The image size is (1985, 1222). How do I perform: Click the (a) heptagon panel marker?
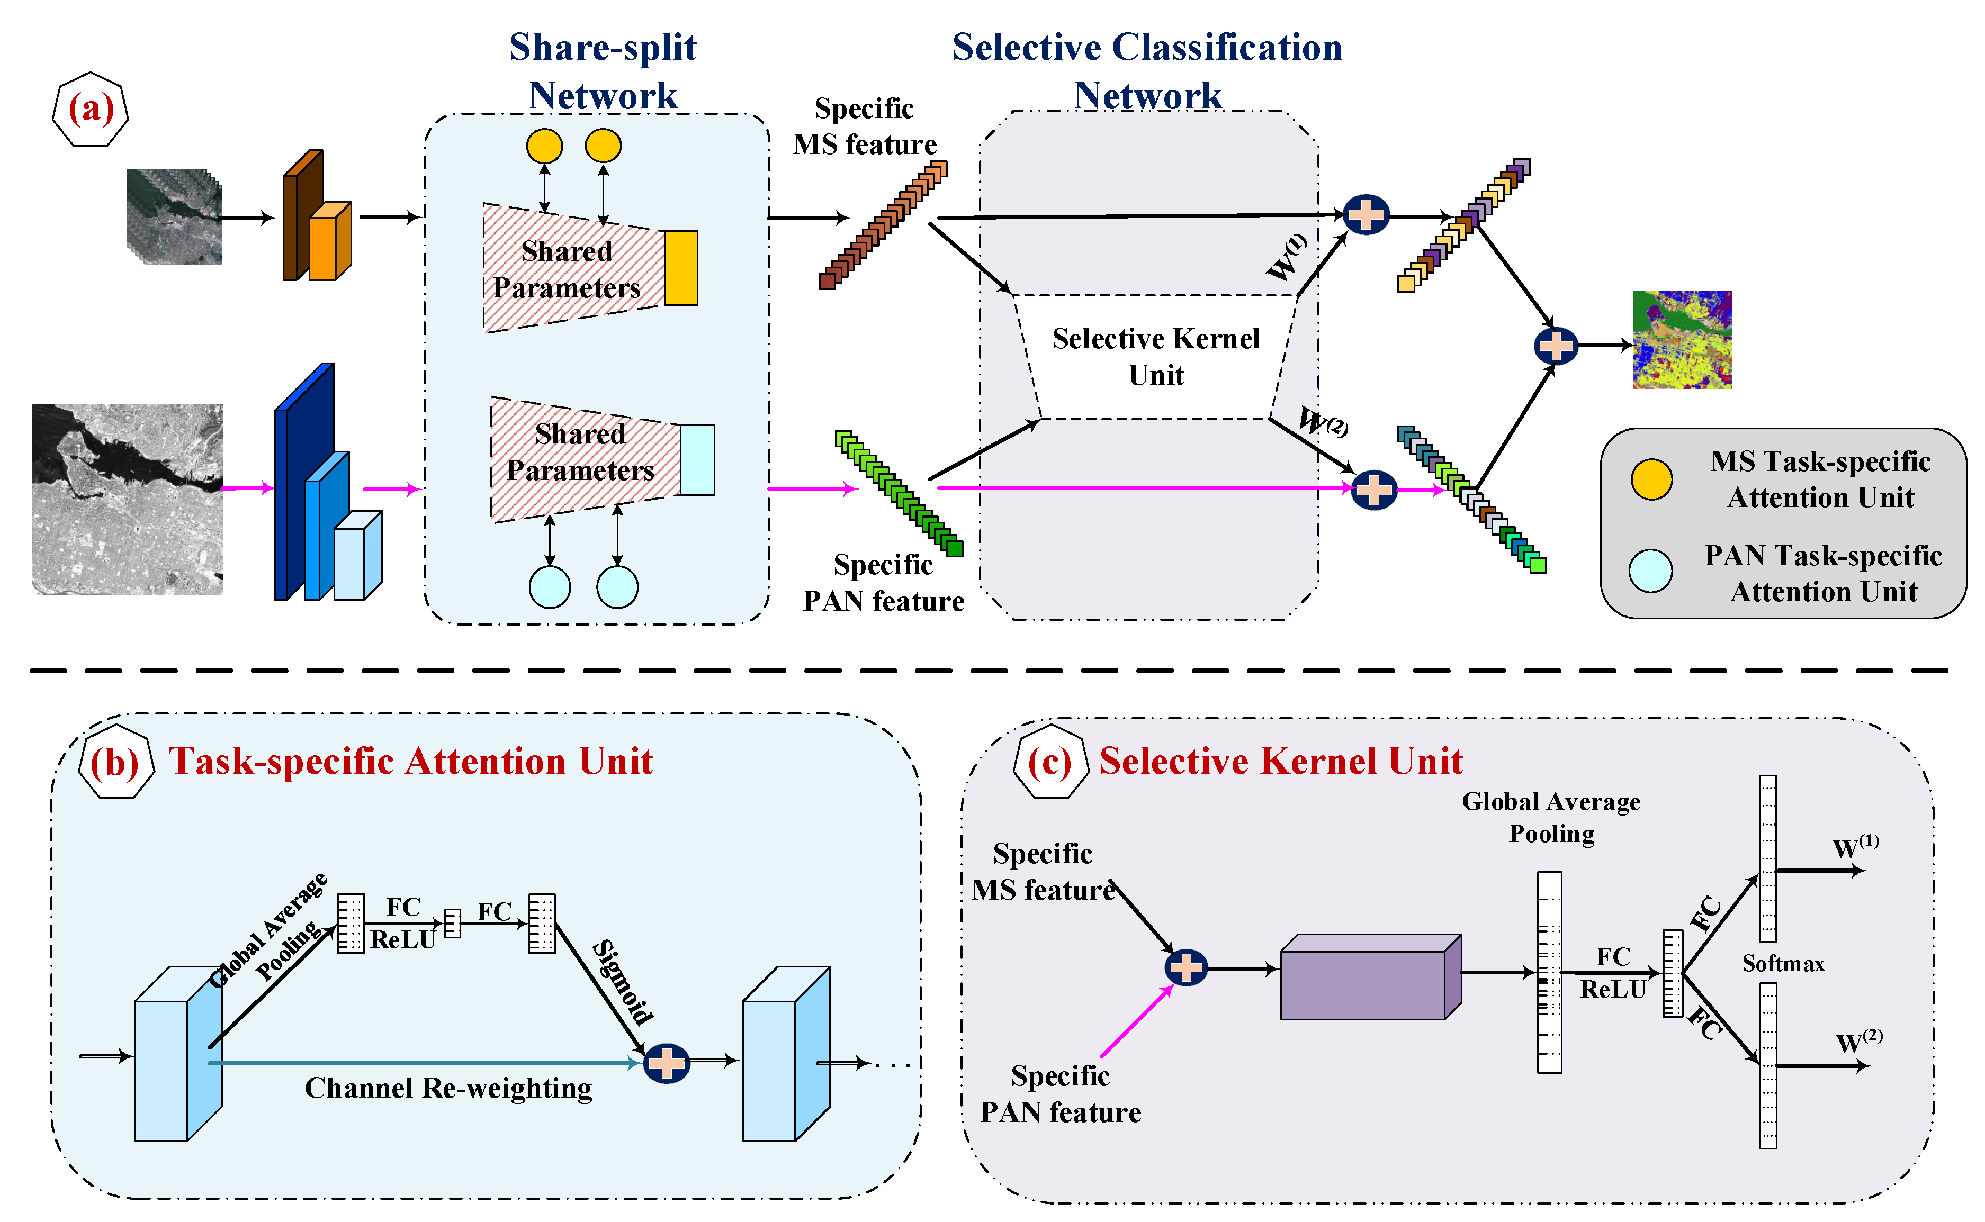coord(91,109)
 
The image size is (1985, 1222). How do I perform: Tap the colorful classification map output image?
coord(1681,339)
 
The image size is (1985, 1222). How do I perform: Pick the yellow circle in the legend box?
coord(1650,479)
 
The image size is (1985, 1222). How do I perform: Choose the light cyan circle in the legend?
coord(1650,571)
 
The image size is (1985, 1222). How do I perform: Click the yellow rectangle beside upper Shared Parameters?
coord(681,267)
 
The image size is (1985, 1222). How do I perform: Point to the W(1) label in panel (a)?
coord(1286,257)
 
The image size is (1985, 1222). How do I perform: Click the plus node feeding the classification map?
coord(1556,346)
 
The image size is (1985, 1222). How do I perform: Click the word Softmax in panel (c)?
coord(1783,963)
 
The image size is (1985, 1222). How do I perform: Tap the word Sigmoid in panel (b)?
coord(623,981)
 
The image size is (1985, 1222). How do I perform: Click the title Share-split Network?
coord(603,71)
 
